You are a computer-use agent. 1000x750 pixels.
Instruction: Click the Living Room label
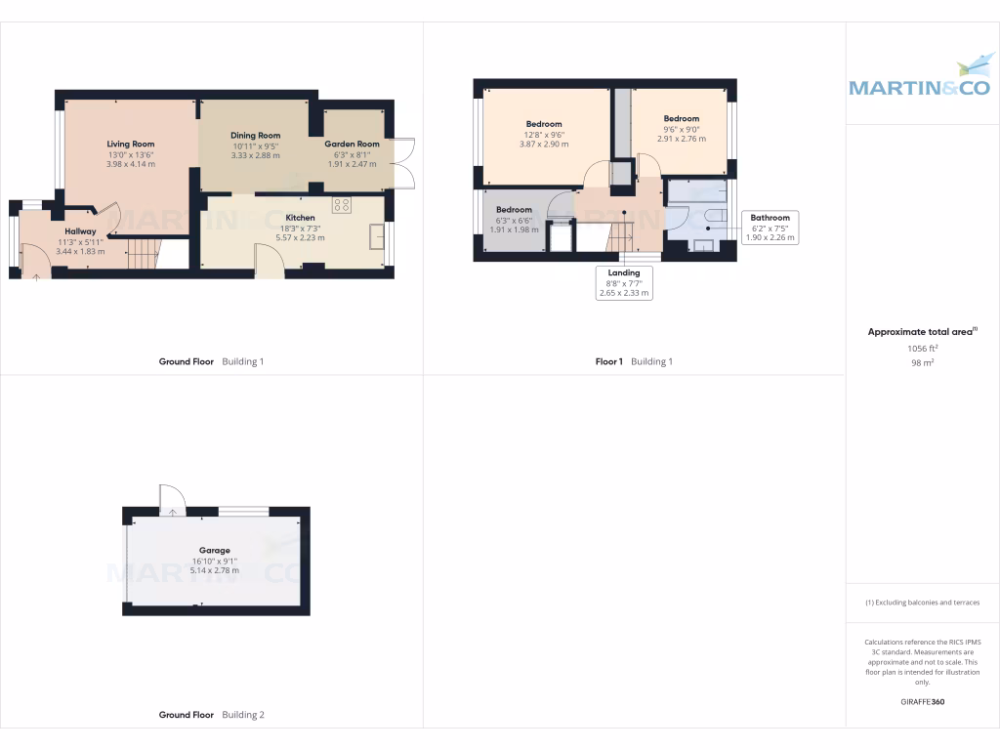131,144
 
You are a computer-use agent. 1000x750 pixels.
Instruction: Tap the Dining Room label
256,136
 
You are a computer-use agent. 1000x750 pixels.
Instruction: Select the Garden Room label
352,144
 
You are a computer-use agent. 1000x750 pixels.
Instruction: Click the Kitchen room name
300,217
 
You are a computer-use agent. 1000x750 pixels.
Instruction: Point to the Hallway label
80,231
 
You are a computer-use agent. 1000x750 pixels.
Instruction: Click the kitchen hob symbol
342,204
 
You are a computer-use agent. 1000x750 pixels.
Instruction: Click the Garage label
214,551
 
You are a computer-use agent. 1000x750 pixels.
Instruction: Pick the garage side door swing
171,497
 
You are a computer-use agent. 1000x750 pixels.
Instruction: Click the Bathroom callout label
771,218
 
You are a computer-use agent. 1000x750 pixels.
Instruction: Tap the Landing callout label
624,273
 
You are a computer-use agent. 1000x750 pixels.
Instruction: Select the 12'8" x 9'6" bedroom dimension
544,134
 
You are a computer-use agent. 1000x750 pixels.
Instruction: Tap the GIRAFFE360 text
922,701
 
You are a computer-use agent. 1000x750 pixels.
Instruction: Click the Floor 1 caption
608,361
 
